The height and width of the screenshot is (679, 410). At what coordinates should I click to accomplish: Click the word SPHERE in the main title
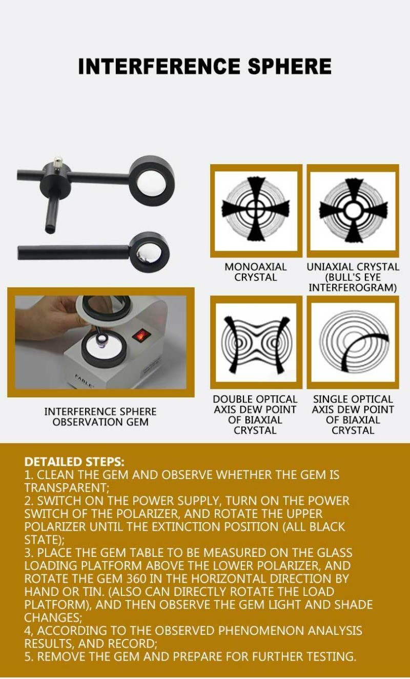point(290,66)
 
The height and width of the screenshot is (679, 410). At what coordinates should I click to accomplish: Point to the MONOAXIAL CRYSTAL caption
point(255,272)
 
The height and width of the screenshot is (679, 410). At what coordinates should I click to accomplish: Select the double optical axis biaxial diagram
point(256,343)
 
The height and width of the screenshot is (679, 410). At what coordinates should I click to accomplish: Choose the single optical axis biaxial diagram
point(353,343)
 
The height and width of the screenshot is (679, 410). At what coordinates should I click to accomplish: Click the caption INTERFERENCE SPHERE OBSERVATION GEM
point(100,416)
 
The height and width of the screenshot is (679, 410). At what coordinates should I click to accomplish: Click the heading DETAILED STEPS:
point(74,462)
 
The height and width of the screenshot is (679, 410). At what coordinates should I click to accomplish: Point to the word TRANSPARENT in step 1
point(66,487)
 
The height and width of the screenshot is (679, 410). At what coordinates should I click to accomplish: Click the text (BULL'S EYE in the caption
point(353,277)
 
